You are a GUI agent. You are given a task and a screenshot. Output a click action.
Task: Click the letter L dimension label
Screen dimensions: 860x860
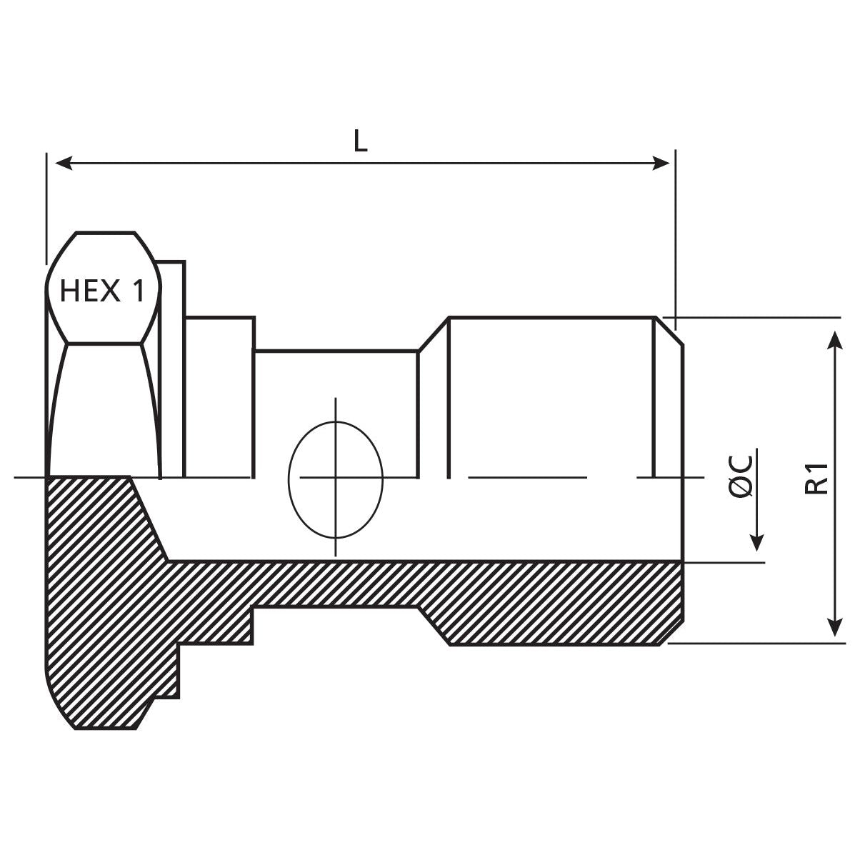[361, 141]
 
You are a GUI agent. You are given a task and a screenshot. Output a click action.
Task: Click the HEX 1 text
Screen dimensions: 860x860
[102, 291]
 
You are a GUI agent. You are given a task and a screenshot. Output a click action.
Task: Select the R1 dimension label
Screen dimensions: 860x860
[816, 478]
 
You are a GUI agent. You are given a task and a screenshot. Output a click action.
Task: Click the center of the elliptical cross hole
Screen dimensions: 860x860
[335, 477]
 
